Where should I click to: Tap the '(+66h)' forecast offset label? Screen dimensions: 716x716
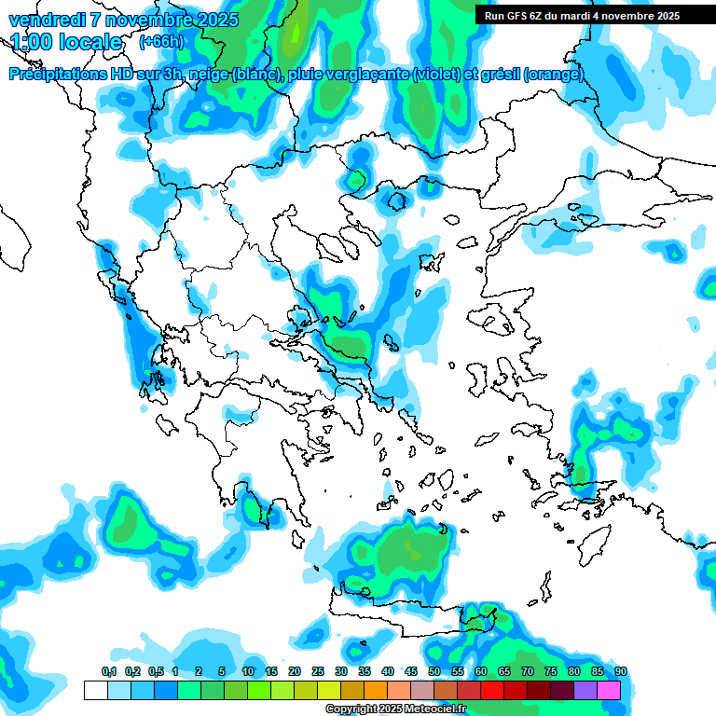coord(161,42)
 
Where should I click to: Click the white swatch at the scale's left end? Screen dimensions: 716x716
coord(95,690)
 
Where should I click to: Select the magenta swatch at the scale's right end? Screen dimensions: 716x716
coord(609,690)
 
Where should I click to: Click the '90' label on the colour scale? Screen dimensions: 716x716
coord(620,672)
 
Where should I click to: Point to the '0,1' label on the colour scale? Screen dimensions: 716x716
coord(108,672)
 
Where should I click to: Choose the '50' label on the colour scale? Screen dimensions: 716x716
coord(434,672)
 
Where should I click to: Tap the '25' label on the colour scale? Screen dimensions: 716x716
coord(318,672)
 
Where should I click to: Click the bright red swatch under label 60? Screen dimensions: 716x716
coord(492,690)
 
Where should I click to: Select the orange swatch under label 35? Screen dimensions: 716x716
coord(376,690)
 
